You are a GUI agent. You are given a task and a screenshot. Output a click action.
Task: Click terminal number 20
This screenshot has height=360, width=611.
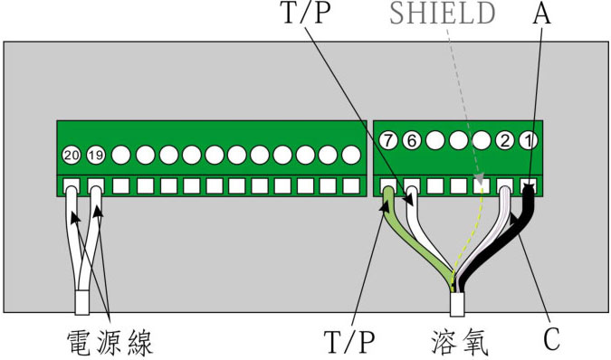[72, 156]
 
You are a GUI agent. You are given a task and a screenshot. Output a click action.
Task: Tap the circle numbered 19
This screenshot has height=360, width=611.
[95, 156]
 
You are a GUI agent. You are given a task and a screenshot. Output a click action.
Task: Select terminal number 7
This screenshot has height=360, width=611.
[388, 141]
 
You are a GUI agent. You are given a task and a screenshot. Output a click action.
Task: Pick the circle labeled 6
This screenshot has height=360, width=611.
[411, 141]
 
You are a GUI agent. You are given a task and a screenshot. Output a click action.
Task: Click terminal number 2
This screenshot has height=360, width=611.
[505, 141]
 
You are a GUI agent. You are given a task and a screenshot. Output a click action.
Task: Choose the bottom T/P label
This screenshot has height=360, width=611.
[349, 341]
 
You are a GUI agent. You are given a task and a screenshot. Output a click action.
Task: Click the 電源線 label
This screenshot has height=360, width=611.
[110, 341]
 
